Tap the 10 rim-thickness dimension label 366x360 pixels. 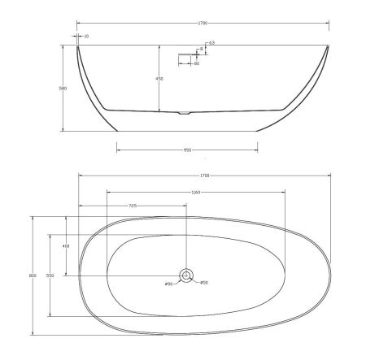tap(86, 36)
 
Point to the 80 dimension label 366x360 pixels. tap(197, 64)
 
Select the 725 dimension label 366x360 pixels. tap(133, 206)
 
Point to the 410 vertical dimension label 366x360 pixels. tap(66, 246)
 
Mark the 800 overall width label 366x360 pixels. tap(33, 276)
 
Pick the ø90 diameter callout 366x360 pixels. tap(168, 284)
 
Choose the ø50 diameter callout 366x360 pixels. tap(205, 282)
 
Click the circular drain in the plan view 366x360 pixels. tap(186, 275)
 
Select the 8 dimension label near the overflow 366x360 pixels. tap(200, 50)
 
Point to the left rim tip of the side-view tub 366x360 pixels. tap(77, 46)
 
